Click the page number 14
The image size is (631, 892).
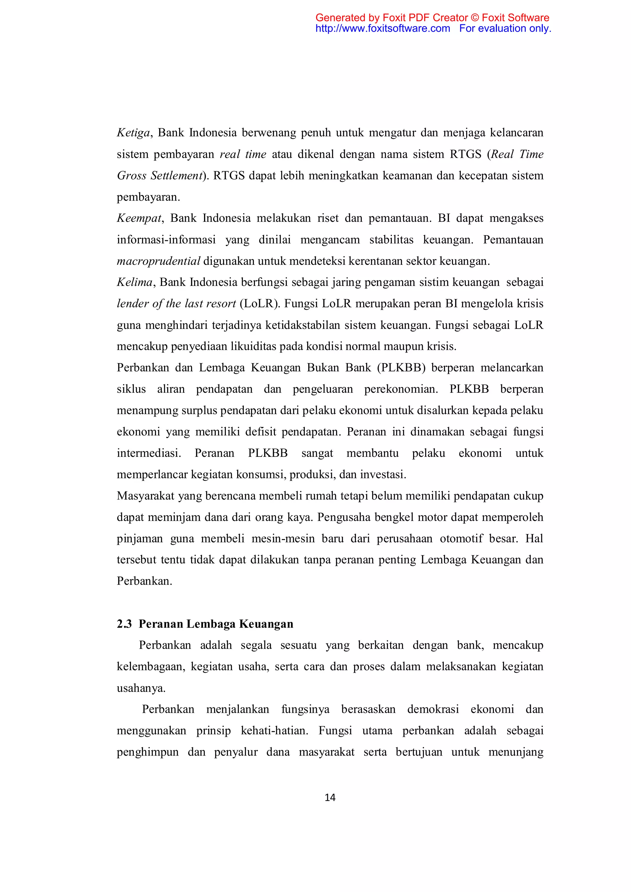[x=330, y=797]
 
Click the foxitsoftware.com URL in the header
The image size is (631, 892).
[x=382, y=29]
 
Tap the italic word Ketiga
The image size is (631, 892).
[x=133, y=133]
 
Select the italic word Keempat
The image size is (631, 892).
[x=139, y=218]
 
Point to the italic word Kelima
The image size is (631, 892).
[x=134, y=282]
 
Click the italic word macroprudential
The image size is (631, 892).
[x=159, y=261]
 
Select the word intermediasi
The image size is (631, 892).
[x=149, y=453]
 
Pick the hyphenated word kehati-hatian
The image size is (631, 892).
[x=274, y=731]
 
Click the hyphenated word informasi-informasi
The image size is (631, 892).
[x=166, y=240]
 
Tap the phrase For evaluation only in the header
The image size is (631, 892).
[x=505, y=29]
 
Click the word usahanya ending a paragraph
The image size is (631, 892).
[x=141, y=688]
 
